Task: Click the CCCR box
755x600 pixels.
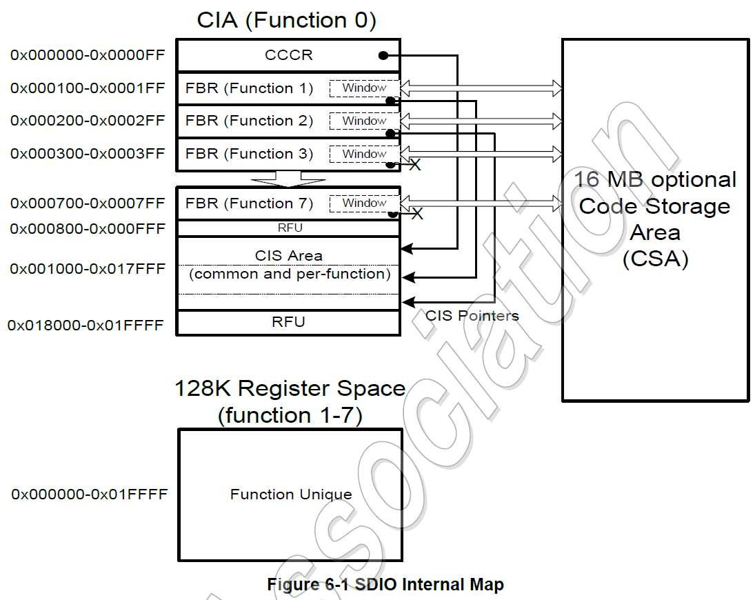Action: pyautogui.click(x=288, y=55)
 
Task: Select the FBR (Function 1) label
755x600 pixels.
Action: pyautogui.click(x=249, y=88)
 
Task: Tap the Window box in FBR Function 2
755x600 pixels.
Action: pyautogui.click(x=364, y=121)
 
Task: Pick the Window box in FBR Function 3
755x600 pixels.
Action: pyautogui.click(x=364, y=154)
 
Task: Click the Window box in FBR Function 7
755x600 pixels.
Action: pyautogui.click(x=364, y=203)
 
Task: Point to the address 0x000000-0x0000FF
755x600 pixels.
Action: pyautogui.click(x=88, y=55)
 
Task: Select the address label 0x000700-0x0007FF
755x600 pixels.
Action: pyautogui.click(x=88, y=203)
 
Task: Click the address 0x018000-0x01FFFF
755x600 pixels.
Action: pyautogui.click(x=85, y=325)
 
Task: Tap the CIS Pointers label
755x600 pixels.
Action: pyautogui.click(x=472, y=315)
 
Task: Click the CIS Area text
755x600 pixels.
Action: pyautogui.click(x=288, y=256)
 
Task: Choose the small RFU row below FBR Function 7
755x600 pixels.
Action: pyautogui.click(x=288, y=228)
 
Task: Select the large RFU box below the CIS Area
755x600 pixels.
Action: pyautogui.click(x=288, y=322)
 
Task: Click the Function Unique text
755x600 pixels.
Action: pyautogui.click(x=291, y=494)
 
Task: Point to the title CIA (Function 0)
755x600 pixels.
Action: pyautogui.click(x=287, y=20)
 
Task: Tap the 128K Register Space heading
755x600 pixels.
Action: pyautogui.click(x=290, y=388)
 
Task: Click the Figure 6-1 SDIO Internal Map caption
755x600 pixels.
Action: pyautogui.click(x=385, y=585)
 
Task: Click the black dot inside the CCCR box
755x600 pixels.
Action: pyautogui.click(x=381, y=55)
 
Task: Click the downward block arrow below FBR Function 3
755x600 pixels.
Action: pyautogui.click(x=288, y=179)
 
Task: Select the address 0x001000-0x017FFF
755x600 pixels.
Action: pyautogui.click(x=88, y=268)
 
